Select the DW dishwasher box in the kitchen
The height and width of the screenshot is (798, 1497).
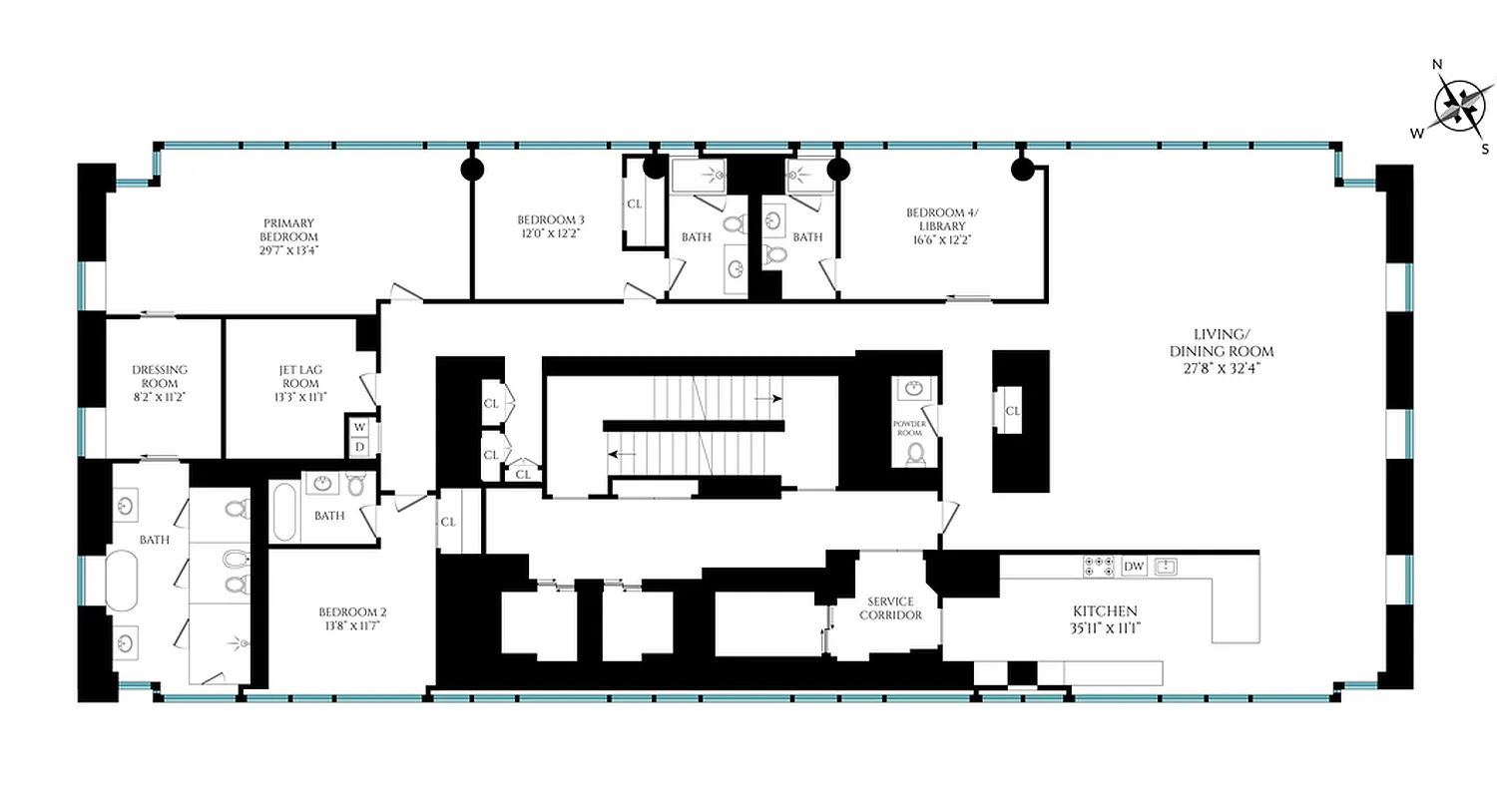[x=1134, y=567]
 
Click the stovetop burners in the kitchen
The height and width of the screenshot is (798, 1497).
[x=1099, y=567]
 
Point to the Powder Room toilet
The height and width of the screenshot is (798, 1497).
[x=915, y=454]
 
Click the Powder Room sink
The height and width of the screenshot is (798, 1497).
[x=909, y=390]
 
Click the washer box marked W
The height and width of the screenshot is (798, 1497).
[x=359, y=428]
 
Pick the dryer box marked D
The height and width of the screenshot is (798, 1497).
[x=359, y=447]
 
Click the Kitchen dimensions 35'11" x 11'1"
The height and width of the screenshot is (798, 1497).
[x=1105, y=627]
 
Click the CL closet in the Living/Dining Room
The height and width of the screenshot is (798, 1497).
[x=1013, y=411]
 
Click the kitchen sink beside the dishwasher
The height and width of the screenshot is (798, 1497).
[x=1166, y=567]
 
